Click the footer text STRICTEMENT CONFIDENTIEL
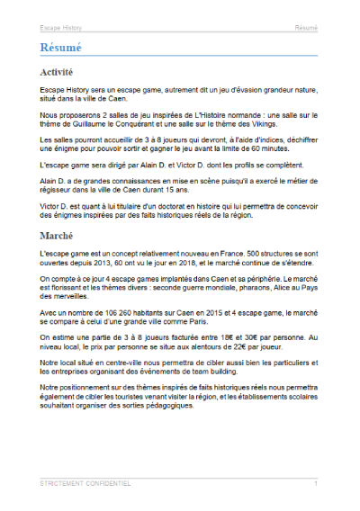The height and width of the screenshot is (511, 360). click(86, 484)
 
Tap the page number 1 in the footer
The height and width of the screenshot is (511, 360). click(316, 484)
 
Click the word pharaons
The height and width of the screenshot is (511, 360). click(215, 290)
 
